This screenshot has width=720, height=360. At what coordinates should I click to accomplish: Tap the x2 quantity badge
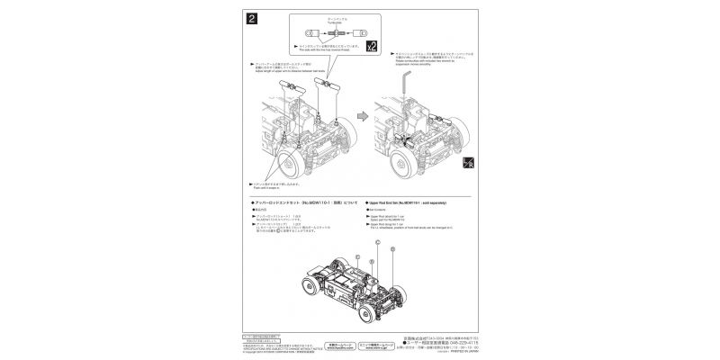(x=371, y=42)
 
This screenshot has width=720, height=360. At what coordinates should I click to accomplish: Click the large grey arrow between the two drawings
(x=360, y=116)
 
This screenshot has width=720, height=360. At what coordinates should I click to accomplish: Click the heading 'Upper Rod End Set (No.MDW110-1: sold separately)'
(x=415, y=205)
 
